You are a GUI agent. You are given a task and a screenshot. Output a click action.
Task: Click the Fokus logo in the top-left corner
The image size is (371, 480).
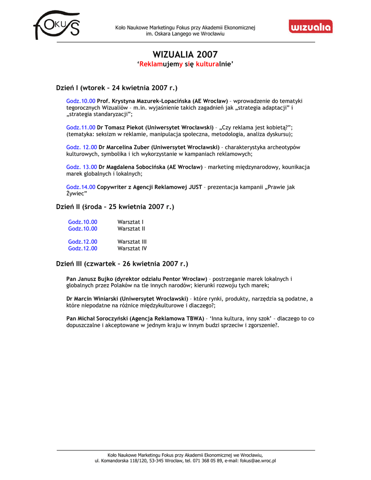pos(56,25)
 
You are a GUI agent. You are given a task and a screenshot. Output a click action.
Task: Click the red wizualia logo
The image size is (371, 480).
pos(310,27)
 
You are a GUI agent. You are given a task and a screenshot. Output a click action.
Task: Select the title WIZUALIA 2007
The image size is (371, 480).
pos(185,55)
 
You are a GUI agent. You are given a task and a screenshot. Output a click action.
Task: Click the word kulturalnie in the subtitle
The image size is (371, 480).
pos(212,64)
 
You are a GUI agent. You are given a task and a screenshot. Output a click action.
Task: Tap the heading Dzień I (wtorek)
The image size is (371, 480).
pos(117,88)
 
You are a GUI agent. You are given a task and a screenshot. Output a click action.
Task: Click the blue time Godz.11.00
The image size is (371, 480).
pos(81,127)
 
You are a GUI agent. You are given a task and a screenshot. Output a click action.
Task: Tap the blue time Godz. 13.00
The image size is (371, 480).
pos(82,167)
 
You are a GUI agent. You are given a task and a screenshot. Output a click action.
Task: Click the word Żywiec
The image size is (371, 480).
pos(75,193)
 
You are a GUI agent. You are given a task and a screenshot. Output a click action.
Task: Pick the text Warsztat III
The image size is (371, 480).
pos(132,242)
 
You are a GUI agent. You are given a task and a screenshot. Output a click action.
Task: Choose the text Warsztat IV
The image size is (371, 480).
pos(132,248)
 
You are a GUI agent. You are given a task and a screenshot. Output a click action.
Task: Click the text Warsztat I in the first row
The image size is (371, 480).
pos(130,222)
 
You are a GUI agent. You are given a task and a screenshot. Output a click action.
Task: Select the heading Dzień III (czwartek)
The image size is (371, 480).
pos(122,264)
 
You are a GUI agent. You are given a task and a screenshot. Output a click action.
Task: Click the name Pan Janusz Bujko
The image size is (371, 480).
pos(90,279)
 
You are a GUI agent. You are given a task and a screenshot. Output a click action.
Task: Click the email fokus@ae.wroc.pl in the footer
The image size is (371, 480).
pos(257,461)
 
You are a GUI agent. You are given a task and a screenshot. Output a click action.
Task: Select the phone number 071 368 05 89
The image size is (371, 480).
pos(205,461)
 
